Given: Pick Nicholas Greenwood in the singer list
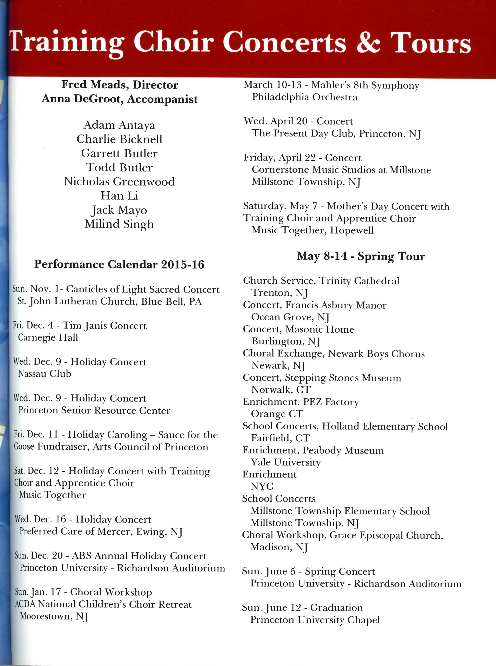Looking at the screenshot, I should coord(119,181).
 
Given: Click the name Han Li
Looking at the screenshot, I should coord(119,196).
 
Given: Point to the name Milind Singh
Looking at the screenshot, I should coord(119,224).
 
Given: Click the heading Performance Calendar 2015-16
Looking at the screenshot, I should coord(119,264).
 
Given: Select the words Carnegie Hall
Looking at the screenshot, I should coord(48,337).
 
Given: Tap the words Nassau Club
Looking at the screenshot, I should coord(45,374).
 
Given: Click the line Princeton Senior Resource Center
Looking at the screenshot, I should coord(94,410).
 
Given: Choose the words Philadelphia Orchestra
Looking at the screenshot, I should coord(304,97).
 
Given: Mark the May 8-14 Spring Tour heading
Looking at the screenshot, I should coord(361,256).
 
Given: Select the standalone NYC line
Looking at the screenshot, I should coord(262,486).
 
